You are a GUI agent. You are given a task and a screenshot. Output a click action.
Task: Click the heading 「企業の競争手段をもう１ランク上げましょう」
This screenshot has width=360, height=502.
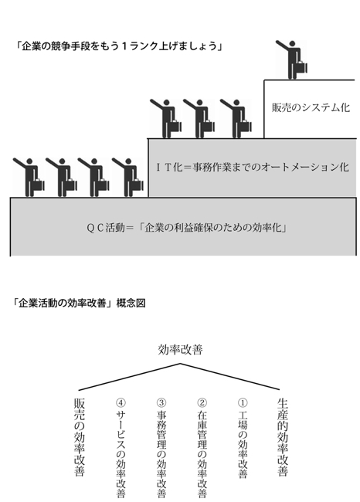coord(118,46)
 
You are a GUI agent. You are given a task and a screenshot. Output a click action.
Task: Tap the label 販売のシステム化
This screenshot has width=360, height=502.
coord(311,107)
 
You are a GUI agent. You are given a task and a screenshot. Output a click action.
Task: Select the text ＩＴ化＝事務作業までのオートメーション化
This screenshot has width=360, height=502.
coord(253,167)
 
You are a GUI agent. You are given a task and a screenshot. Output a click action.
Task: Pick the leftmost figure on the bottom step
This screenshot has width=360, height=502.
coord(29,177)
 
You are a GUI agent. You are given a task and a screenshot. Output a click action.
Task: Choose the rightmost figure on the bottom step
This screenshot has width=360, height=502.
coord(128,177)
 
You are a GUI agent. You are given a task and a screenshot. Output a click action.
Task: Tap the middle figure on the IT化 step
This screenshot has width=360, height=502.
coord(199,118)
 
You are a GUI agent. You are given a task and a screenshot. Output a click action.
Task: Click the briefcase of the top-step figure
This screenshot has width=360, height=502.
coord(301,67)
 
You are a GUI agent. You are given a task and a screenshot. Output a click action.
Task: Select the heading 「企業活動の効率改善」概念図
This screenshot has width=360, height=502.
coord(80,303)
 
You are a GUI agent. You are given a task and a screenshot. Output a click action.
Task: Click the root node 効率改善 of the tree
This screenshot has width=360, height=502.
coord(180,349)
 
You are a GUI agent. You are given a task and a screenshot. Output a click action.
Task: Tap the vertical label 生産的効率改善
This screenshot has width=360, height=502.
coord(282,437)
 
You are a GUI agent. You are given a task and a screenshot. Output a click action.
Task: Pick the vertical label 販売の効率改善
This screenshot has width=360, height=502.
coord(80,437)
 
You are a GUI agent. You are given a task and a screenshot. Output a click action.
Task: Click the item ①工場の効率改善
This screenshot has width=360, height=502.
coord(243,438)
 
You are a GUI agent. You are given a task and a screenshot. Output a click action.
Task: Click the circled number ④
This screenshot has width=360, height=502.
coord(121,402)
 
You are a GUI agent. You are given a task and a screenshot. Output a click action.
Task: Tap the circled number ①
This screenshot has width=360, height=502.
coord(243,402)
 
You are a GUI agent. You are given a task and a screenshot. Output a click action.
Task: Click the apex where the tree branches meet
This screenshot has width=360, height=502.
coord(180,364)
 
